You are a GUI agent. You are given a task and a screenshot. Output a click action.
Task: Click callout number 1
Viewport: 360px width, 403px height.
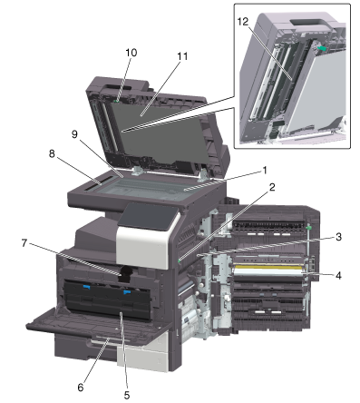265,171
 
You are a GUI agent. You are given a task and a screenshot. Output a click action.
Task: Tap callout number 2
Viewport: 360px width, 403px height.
272,188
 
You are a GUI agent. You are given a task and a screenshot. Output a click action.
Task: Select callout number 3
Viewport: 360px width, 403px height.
338,237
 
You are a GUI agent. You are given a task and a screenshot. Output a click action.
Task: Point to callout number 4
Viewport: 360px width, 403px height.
338,276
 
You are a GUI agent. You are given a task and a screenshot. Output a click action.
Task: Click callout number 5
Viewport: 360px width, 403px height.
127,395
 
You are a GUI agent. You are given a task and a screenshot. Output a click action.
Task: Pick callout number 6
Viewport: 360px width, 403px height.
81,388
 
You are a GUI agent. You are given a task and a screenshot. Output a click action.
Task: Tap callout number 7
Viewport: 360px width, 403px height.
24,242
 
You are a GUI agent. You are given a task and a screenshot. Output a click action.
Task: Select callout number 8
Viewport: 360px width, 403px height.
52,153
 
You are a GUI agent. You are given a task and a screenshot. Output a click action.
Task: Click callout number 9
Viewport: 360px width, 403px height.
74,134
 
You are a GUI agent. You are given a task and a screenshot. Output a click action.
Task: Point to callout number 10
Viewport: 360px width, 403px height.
131,53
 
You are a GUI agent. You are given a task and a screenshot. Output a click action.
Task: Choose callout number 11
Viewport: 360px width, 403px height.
182,56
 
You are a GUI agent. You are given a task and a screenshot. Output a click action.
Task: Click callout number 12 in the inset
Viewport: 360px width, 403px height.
243,22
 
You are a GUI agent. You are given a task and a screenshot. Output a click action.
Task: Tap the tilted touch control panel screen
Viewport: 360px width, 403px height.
148,217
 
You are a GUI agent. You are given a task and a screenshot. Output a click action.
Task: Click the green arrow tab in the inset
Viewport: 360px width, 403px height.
322,48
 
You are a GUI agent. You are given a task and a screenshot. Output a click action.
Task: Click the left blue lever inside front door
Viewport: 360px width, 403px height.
86,287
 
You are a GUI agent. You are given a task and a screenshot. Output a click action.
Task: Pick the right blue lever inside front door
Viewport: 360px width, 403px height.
127,292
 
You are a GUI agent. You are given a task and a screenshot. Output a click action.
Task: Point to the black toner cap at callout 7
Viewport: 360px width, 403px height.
126,273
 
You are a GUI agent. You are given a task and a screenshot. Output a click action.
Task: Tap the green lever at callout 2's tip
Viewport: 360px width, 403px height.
180,260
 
